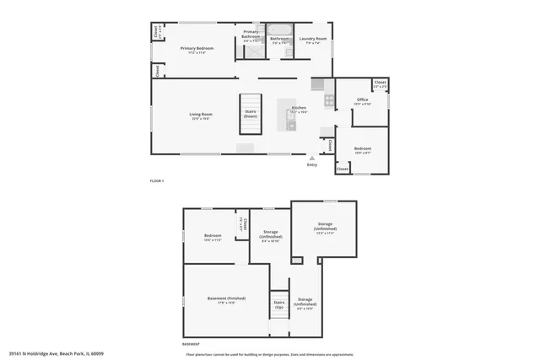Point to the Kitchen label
[299, 109]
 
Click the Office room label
[362, 101]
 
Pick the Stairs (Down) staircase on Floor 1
[251, 113]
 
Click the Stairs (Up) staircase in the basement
[278, 304]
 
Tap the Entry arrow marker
[311, 157]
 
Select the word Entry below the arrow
[312, 164]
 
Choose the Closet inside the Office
[380, 84]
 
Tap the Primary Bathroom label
[251, 37]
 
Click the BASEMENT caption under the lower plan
[192, 345]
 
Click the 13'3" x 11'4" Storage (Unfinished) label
[325, 228]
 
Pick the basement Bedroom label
[213, 237]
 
